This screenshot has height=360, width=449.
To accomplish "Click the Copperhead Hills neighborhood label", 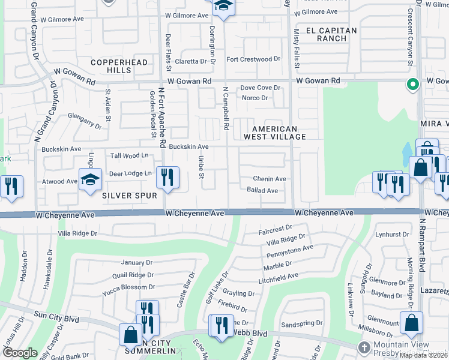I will click(x=111, y=66).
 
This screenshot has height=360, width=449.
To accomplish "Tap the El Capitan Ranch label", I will click(x=331, y=34).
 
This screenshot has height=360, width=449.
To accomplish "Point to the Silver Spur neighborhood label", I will click(x=129, y=196).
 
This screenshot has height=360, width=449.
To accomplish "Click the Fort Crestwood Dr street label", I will click(x=253, y=59).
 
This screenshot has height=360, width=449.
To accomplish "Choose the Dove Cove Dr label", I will click(x=261, y=88).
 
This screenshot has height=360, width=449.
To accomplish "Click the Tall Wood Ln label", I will click(x=130, y=156).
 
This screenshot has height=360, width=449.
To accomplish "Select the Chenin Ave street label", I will click(x=270, y=179).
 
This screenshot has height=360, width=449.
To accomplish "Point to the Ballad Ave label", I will click(x=262, y=191).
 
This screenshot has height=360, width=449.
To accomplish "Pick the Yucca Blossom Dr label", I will click(x=128, y=287).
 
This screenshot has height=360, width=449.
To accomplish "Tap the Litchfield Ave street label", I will click(x=278, y=276).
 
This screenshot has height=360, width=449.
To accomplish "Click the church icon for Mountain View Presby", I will click(x=364, y=347).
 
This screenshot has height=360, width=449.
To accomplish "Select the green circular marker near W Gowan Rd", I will click(x=412, y=85).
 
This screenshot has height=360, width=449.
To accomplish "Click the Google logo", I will click(x=19, y=353).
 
